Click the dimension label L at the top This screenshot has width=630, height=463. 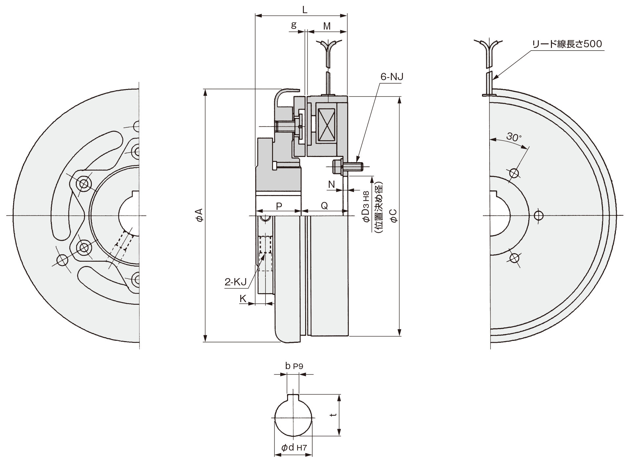point(304,10)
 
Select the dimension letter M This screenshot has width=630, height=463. point(326,26)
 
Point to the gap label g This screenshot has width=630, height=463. point(294,25)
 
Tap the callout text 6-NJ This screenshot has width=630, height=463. point(392,77)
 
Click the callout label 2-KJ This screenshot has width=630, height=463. point(236,282)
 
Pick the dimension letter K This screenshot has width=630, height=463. point(243,298)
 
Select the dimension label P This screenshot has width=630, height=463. point(279,206)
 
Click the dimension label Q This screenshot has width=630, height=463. point(324,206)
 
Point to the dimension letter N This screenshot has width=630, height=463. point(331,185)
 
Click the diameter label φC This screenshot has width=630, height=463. point(393,216)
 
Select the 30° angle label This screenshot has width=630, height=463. point(514,137)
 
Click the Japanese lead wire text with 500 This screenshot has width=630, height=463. point(567,44)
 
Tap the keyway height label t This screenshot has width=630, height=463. point(333,415)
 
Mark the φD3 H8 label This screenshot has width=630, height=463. point(366,207)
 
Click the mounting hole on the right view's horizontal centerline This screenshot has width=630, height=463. point(538,216)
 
